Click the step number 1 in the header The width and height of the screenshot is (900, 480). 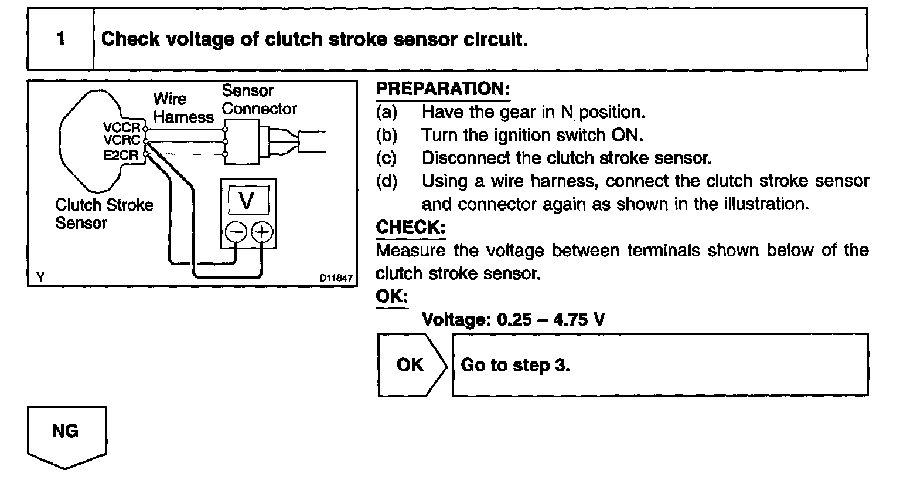click(61, 39)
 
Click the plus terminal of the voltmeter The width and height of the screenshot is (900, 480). click(262, 232)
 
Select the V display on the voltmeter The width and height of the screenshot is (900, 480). click(247, 201)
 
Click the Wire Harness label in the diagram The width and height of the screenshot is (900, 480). click(183, 108)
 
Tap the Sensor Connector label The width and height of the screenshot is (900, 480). click(258, 100)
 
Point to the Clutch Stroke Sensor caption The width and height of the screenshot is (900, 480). click(104, 214)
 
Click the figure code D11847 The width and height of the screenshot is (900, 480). click(336, 278)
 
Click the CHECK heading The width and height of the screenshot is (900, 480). click(410, 227)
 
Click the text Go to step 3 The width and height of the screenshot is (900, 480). click(516, 364)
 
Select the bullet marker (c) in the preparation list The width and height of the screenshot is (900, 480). click(386, 158)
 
